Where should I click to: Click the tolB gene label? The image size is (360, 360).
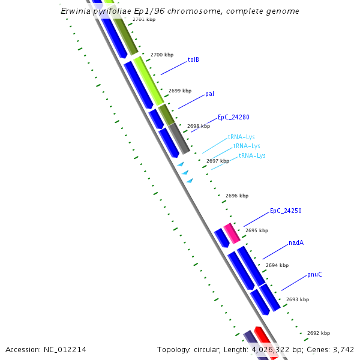tap(193, 59)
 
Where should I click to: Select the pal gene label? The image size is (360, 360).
tap(209, 94)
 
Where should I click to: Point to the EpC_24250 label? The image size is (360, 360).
tap(286, 211)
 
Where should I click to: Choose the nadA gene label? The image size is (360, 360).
tap(296, 242)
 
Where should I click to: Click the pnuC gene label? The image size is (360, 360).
tap(314, 274)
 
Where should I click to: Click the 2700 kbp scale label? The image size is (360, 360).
tap(161, 55)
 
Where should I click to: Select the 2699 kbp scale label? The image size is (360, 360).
tap(180, 91)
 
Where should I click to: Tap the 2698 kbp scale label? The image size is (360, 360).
tap(199, 126)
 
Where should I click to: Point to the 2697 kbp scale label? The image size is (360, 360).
tap(217, 161)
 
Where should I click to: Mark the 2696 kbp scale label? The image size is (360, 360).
tap(236, 196)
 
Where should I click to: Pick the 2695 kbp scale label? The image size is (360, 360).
tap(256, 230)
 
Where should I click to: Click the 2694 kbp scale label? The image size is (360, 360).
tap(277, 265)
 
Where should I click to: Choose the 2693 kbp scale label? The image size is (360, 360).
tap(297, 299)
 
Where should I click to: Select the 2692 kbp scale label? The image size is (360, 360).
tap(318, 333)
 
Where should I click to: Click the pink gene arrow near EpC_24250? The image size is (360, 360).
tap(232, 233)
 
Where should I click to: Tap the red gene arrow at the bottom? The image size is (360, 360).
tap(265, 343)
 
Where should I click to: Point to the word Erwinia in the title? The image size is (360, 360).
tap(76, 11)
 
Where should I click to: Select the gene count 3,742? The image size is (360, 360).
tap(341, 349)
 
